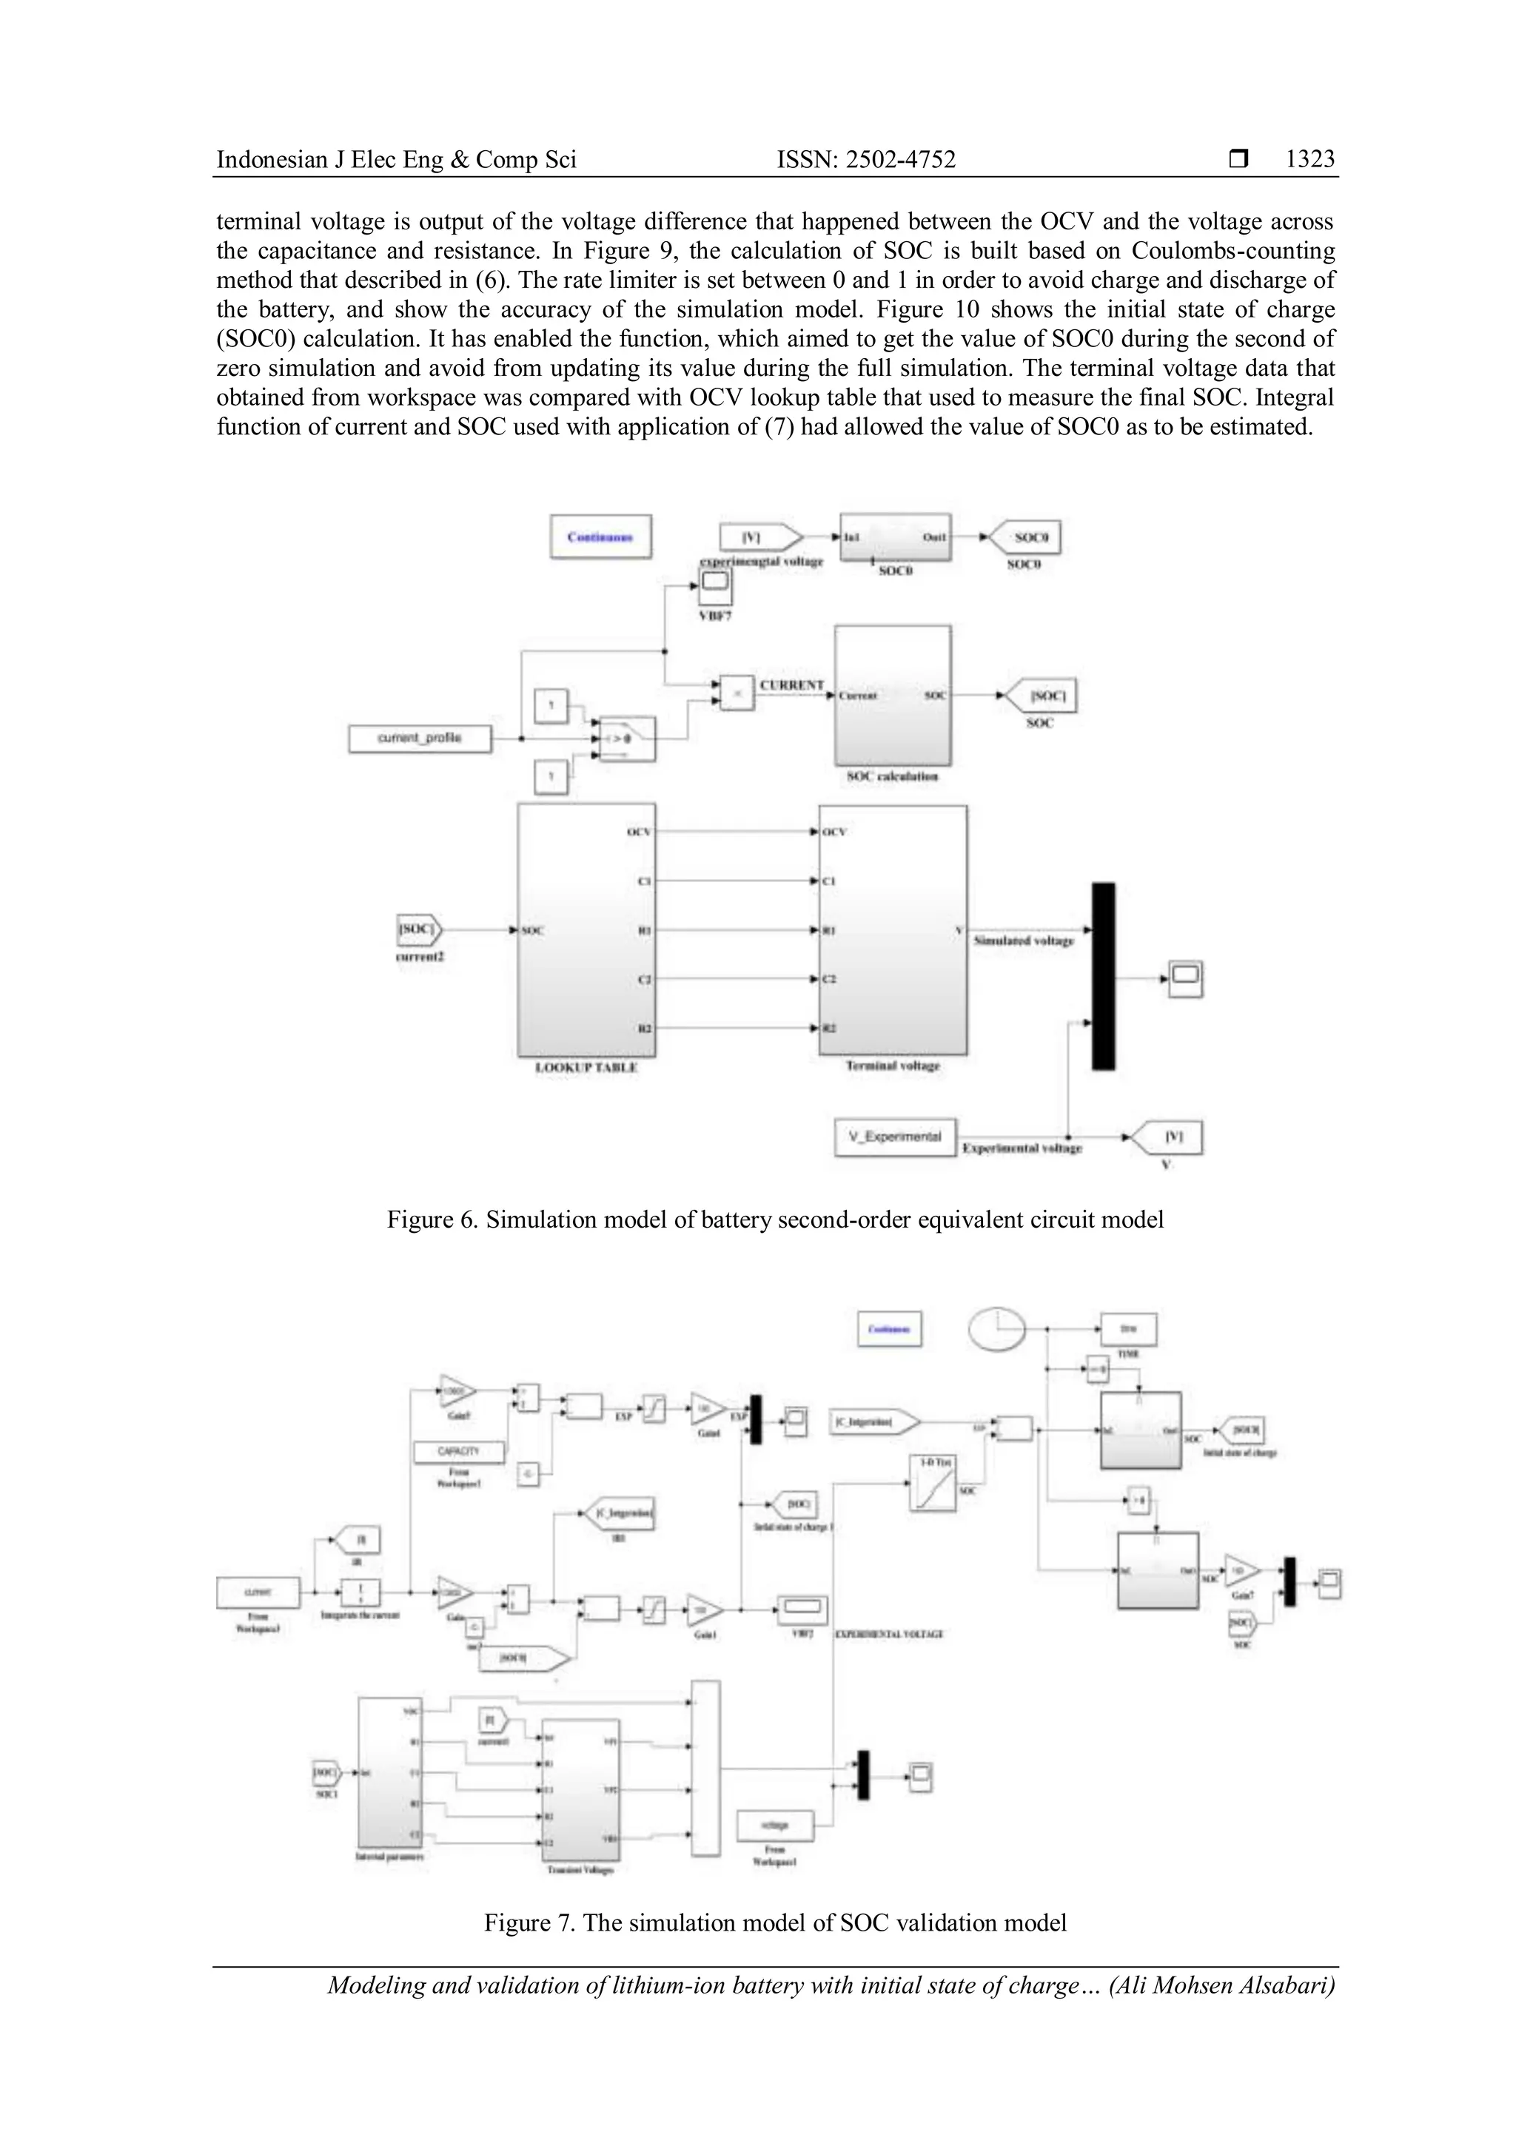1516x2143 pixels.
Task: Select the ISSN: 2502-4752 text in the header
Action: click(866, 160)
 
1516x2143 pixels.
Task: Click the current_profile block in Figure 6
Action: click(419, 739)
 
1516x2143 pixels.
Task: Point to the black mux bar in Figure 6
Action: click(1104, 975)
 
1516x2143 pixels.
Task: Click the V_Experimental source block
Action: click(894, 1137)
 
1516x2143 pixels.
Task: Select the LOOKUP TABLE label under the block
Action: click(586, 1067)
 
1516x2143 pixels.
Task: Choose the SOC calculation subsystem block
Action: click(893, 696)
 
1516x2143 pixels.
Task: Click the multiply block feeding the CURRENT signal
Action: click(737, 693)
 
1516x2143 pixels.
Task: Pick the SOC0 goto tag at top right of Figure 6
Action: click(1025, 538)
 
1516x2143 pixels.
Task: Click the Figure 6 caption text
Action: click(775, 1220)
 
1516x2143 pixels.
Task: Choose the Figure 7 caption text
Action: click(775, 1922)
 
